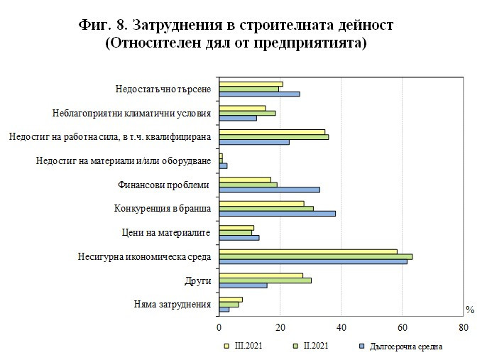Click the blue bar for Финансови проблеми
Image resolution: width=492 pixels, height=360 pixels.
click(x=269, y=190)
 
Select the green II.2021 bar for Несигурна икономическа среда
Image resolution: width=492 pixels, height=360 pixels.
click(x=316, y=256)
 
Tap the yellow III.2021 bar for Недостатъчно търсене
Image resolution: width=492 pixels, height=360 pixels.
click(x=251, y=84)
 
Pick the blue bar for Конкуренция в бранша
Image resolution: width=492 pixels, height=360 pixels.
click(x=277, y=213)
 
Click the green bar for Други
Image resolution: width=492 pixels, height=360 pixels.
click(x=265, y=280)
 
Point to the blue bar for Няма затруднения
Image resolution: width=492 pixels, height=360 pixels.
click(x=224, y=310)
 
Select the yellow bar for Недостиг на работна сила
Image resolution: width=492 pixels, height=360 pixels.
click(x=272, y=131)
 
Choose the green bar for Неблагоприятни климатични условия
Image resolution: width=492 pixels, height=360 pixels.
click(x=247, y=113)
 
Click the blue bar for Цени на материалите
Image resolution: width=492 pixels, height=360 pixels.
click(x=239, y=237)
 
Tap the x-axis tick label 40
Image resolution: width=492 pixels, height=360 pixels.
click(x=341, y=328)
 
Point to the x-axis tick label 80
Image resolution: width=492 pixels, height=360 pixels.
click(x=464, y=328)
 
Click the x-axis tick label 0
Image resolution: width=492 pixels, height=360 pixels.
click(x=219, y=328)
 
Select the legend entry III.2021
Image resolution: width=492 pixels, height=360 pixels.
click(x=245, y=347)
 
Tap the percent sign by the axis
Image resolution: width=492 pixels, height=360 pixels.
click(x=469, y=309)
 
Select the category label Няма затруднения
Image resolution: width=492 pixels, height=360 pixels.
click(x=173, y=305)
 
